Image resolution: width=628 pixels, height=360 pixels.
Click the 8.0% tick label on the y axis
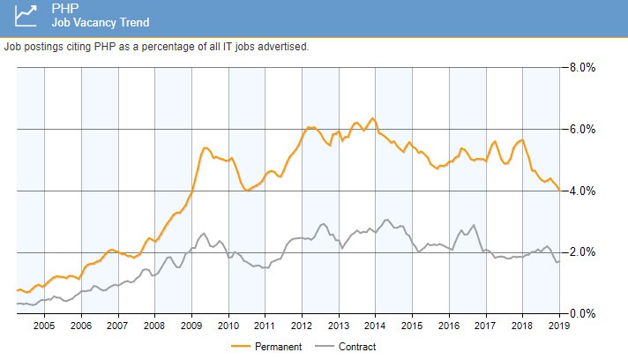click(x=583, y=67)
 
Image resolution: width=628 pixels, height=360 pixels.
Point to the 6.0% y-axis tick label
click(x=583, y=129)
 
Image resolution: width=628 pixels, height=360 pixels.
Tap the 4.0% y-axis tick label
click(x=583, y=191)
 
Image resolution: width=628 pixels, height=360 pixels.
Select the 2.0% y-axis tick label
click(x=583, y=252)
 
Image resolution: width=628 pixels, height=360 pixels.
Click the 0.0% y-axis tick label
click(x=583, y=313)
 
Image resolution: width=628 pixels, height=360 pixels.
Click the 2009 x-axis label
click(x=191, y=326)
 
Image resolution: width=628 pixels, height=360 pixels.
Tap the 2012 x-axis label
click(x=302, y=326)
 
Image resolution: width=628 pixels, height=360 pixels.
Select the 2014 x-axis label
click(x=375, y=326)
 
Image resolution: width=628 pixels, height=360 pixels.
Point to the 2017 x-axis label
click(x=485, y=326)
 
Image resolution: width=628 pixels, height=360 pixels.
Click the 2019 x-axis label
click(x=559, y=326)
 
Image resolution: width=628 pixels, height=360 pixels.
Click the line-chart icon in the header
click(x=26, y=16)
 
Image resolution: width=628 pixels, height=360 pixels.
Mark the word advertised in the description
click(x=284, y=46)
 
